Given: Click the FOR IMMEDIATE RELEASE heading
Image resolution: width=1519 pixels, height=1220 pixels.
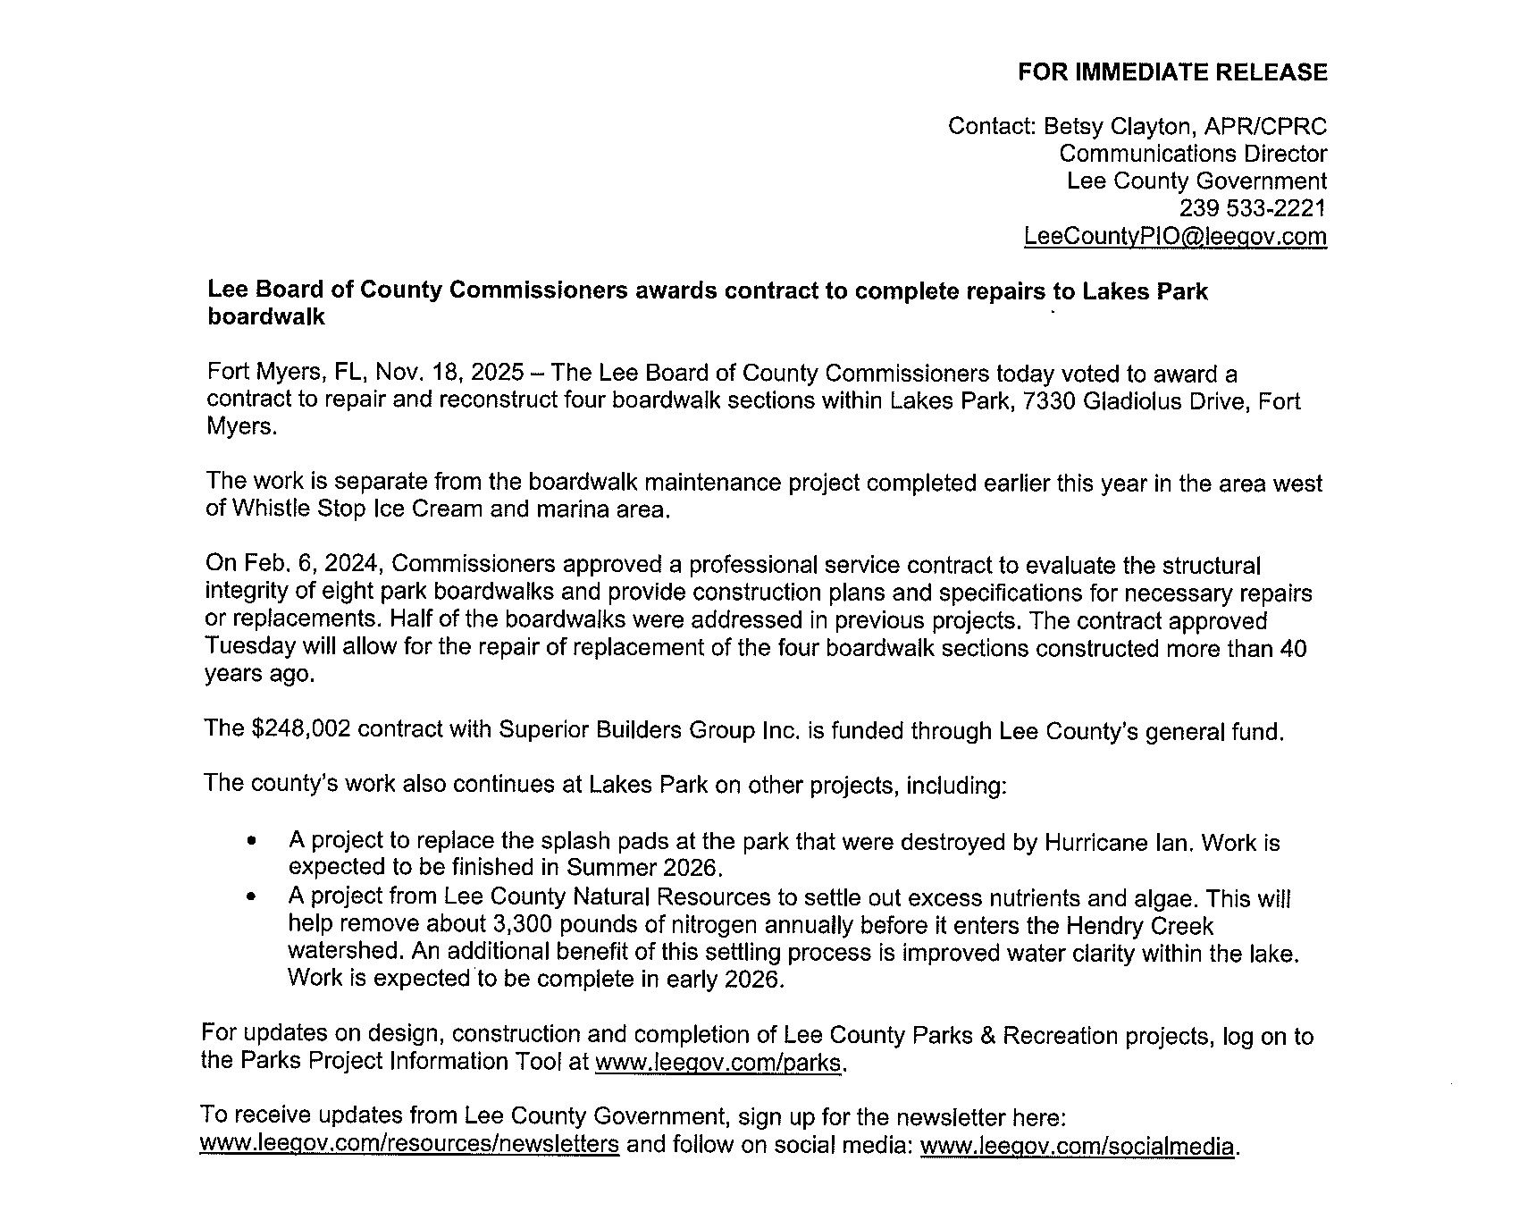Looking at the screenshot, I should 1172,72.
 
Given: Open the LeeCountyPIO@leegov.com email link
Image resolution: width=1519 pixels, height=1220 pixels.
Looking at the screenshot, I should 1175,236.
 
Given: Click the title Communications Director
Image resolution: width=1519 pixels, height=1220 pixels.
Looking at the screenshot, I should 1193,154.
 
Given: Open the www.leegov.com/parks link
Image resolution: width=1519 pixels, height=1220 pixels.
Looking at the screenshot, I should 718,1062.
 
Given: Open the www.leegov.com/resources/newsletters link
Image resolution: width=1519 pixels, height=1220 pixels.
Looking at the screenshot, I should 409,1144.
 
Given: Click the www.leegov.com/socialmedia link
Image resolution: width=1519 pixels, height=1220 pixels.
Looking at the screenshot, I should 1077,1145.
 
